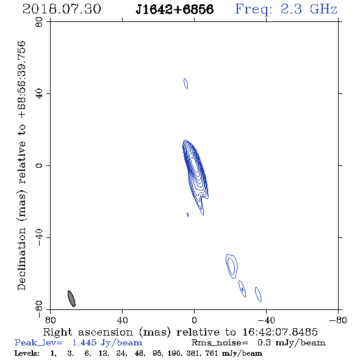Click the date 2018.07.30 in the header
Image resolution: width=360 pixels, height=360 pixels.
coord(62,9)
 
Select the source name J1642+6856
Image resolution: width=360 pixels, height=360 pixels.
coord(175,9)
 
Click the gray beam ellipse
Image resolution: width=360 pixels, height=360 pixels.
coord(71,298)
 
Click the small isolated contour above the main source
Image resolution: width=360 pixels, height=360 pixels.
coord(185,84)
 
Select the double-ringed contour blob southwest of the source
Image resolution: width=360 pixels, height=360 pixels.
coord(232,266)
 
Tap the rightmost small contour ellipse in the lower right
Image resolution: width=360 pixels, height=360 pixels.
coord(258,294)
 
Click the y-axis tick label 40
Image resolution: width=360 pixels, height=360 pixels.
coord(39,94)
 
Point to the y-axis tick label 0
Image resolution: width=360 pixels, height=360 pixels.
coord(39,165)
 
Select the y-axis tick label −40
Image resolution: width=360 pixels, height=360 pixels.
coord(39,237)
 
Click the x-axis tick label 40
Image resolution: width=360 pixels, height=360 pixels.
coord(122,320)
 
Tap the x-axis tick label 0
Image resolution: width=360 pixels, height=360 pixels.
coord(194,320)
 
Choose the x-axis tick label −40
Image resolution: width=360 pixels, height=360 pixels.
coord(266,320)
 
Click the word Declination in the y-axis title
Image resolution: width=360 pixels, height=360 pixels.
coord(21,259)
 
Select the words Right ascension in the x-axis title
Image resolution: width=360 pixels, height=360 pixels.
coord(88,332)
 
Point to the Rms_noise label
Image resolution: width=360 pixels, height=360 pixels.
coord(220,343)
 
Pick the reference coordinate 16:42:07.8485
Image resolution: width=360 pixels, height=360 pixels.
coord(280,332)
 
